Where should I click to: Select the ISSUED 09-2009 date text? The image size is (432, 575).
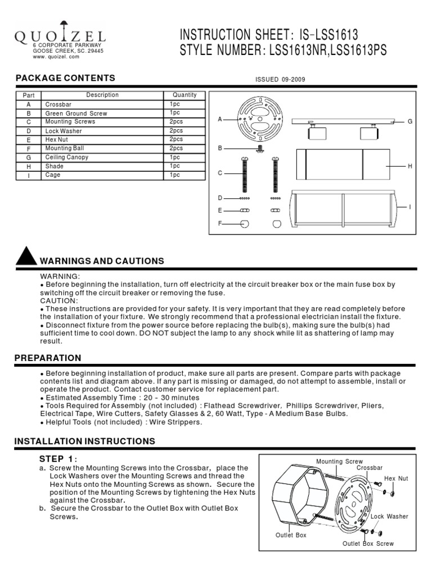(x=281, y=80)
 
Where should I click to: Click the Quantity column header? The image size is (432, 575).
(x=184, y=95)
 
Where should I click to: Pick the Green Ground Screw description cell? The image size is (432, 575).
(x=76, y=113)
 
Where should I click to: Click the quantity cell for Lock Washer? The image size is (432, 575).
(x=176, y=131)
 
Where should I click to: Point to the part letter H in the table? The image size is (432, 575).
(x=29, y=166)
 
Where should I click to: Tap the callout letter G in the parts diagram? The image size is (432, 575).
(x=410, y=121)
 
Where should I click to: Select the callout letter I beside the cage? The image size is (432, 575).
(x=410, y=208)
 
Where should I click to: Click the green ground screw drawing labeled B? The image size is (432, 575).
(x=259, y=148)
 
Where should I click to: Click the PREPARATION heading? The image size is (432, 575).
(x=48, y=358)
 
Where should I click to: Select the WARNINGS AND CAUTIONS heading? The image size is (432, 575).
(x=101, y=261)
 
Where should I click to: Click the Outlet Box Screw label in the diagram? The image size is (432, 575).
(x=368, y=544)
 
